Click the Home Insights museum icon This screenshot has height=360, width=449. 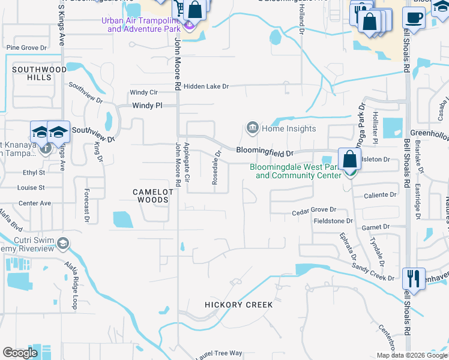coord(252,128)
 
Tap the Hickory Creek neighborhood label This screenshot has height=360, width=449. coord(239,305)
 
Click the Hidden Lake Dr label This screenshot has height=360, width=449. coord(206,86)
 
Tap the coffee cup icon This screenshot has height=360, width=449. coord(414,17)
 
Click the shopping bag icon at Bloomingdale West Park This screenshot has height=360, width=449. coord(349,159)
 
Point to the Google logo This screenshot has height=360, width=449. coord(20,353)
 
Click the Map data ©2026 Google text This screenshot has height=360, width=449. coord(412,355)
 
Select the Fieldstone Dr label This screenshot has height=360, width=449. coord(333,221)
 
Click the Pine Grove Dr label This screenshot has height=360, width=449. coord(26,47)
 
